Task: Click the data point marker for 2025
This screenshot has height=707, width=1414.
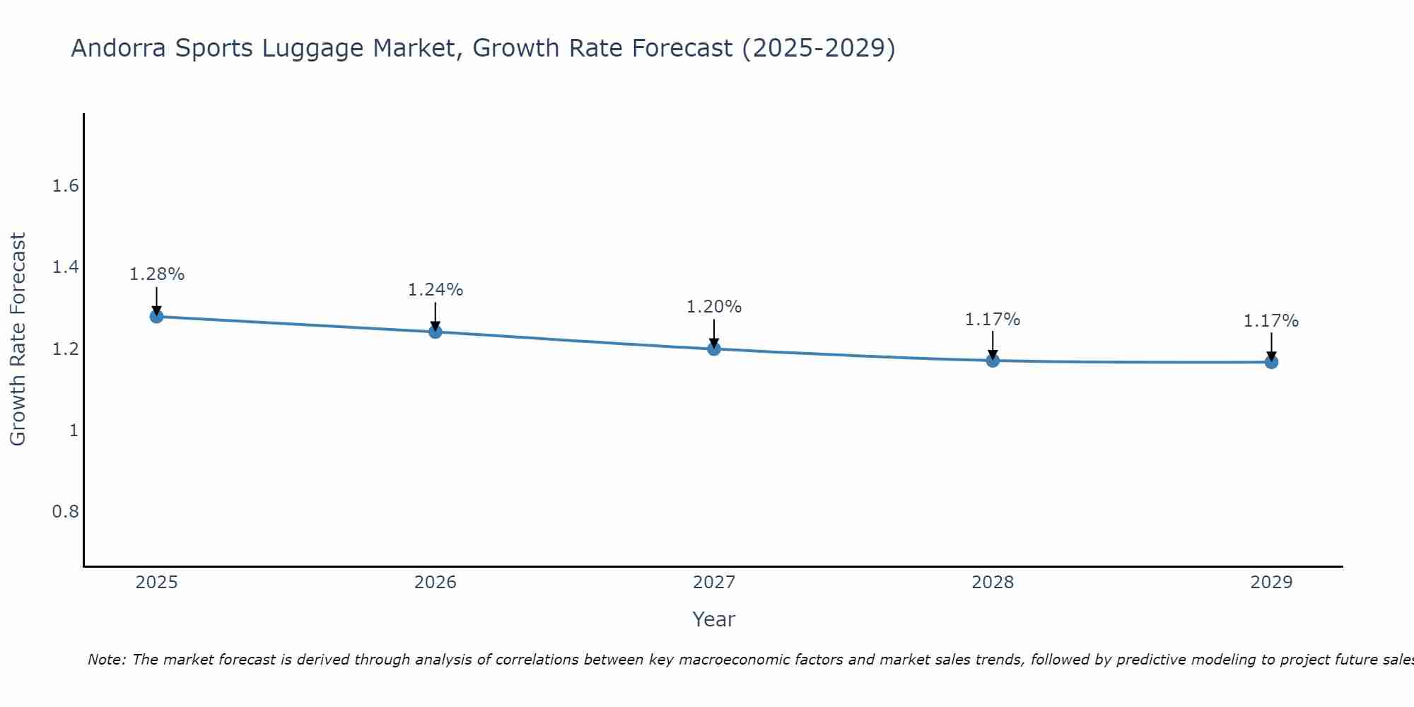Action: (156, 316)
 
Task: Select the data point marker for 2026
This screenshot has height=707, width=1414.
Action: (435, 332)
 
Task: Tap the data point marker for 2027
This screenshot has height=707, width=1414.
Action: (714, 349)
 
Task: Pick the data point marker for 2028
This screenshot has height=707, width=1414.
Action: (993, 361)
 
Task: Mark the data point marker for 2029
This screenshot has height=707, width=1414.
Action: (1271, 362)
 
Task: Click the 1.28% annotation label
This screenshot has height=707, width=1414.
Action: (156, 274)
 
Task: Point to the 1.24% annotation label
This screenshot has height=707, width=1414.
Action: (435, 290)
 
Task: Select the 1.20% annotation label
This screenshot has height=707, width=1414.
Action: (714, 307)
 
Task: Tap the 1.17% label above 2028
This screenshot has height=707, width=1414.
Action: (993, 320)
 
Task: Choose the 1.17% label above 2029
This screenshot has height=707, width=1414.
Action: (1271, 321)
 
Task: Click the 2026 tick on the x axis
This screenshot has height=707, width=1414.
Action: (435, 583)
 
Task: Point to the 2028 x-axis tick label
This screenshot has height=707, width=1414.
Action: (993, 583)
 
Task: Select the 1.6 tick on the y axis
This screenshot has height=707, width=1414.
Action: (65, 186)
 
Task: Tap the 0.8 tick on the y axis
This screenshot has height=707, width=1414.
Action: (65, 511)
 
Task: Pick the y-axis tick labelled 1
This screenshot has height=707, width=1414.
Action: (74, 430)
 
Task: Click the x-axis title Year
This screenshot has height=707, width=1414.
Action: (714, 619)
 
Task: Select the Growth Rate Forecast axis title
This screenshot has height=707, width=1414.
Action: (18, 339)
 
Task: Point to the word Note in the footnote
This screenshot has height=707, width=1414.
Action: (106, 660)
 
